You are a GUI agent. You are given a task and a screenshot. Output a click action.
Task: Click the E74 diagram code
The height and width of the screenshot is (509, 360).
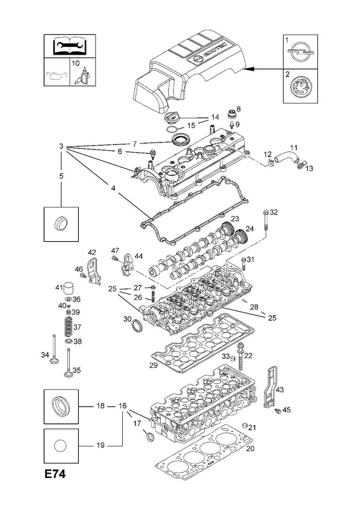[55, 474]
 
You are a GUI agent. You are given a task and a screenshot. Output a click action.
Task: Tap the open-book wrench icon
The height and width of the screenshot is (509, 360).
[70, 46]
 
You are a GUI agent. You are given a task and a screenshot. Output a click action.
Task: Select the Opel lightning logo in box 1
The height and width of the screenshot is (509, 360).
[300, 53]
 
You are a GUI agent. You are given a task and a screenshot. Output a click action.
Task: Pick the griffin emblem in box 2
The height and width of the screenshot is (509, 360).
[300, 87]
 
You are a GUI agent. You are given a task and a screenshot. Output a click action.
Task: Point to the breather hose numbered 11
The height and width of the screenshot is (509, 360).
[286, 158]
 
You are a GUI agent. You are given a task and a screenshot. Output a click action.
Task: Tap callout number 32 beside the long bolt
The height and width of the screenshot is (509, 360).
[273, 213]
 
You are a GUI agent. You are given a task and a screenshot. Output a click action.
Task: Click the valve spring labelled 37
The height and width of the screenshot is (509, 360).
[69, 327]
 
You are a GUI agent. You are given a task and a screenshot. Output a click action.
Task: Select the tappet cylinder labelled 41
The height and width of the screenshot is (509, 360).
[69, 288]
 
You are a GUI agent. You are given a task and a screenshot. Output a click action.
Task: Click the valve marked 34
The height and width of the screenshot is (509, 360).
[54, 350]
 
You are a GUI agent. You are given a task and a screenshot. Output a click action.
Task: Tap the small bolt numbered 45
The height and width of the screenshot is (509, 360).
[277, 411]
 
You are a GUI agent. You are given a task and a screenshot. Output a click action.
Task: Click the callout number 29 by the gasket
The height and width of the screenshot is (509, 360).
[153, 365]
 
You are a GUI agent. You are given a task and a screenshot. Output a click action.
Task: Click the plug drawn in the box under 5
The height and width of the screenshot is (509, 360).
[60, 224]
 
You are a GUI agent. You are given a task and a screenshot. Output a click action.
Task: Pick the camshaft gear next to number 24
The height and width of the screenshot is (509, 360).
[240, 236]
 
